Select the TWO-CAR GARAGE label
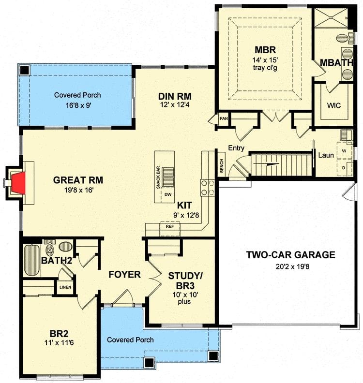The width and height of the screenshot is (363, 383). [290, 255]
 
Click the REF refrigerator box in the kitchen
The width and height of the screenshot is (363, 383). [169, 226]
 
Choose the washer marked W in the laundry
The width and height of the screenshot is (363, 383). [344, 150]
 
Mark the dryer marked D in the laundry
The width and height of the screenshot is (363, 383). [344, 167]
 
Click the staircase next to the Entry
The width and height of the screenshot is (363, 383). [280, 164]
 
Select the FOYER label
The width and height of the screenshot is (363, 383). [124, 275]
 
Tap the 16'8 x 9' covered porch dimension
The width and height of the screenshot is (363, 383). [77, 105]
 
